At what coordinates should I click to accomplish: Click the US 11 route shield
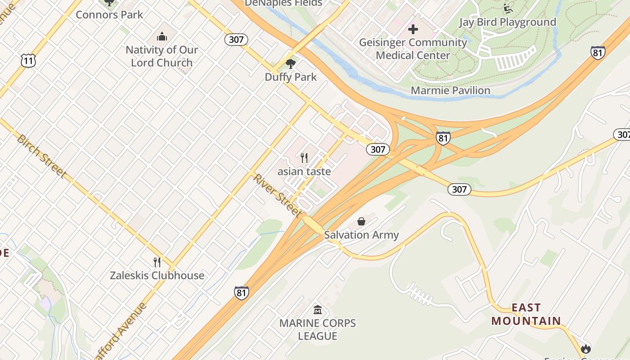(28, 61)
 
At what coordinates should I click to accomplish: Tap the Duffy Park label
(291, 77)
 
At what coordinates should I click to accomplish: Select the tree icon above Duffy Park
(291, 63)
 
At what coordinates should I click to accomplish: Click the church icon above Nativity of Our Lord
(162, 36)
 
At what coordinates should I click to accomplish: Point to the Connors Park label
(109, 14)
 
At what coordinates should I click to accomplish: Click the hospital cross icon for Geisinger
(413, 30)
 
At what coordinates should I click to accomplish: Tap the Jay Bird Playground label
(507, 22)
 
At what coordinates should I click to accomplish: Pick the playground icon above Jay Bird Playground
(508, 8)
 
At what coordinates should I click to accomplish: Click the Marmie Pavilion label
(450, 90)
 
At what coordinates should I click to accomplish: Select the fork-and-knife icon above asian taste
(304, 157)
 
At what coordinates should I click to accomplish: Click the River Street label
(277, 195)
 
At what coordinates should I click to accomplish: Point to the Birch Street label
(41, 155)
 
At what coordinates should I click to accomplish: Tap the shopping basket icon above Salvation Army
(361, 221)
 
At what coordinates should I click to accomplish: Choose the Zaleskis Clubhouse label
(157, 275)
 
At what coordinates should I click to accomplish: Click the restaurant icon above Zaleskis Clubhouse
(157, 261)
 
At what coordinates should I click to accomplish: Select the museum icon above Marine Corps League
(318, 310)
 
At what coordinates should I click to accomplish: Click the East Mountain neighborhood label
(526, 314)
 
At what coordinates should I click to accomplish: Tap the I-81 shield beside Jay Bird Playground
(598, 53)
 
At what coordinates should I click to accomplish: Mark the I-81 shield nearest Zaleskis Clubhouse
(241, 292)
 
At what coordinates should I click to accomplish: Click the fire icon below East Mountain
(585, 348)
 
